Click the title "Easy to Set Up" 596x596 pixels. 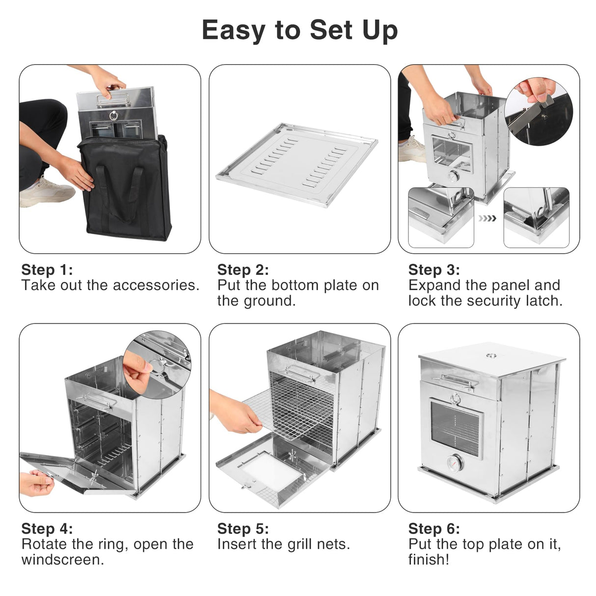point(299,30)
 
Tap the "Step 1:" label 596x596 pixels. point(47,270)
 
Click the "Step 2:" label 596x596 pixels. point(243,270)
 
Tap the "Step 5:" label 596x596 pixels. point(243,529)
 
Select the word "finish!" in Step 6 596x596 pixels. point(429,560)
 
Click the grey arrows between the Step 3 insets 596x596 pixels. point(488,218)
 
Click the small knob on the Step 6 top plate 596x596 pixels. point(490,355)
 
